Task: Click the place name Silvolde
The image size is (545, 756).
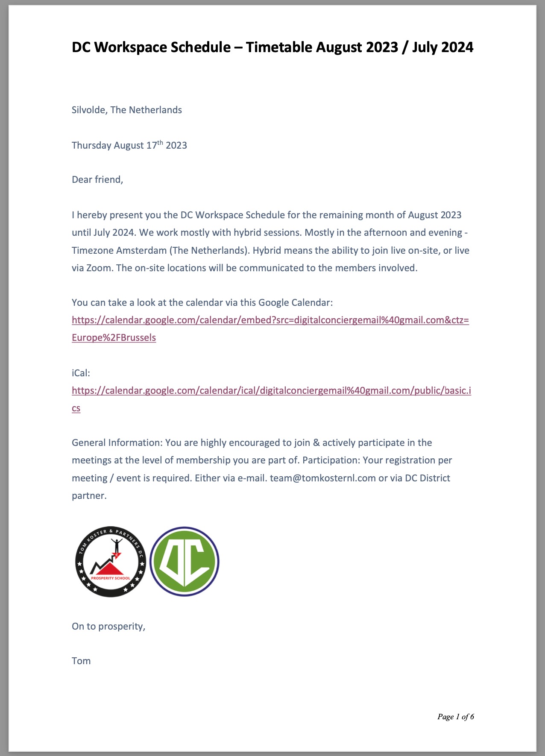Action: [88, 110]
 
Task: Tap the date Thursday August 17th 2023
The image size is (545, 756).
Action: [129, 145]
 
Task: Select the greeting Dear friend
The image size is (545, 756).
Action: [97, 179]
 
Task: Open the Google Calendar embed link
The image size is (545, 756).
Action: [270, 320]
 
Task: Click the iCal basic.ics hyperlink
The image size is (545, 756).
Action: [271, 390]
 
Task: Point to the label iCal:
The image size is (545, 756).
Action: [81, 373]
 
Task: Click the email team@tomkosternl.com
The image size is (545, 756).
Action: [322, 478]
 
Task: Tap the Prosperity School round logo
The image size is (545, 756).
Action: [111, 562]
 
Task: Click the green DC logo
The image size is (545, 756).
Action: [185, 562]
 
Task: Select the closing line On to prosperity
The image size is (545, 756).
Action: [108, 626]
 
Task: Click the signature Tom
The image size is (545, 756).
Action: [81, 661]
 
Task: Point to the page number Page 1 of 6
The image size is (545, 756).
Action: [455, 717]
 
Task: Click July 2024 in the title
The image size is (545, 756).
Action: [442, 47]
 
